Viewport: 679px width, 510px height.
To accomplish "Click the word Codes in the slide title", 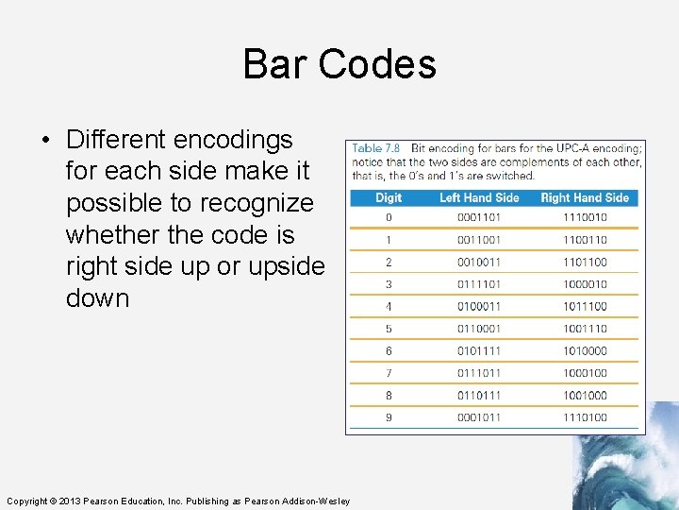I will [x=376, y=64].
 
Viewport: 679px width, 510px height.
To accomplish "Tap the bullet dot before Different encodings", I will [x=45, y=141].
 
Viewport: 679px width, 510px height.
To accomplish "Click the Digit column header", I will [x=389, y=197].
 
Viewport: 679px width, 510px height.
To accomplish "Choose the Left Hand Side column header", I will [x=479, y=197].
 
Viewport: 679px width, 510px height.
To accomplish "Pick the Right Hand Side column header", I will [x=585, y=197].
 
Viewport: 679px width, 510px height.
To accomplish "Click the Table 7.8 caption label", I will [x=375, y=148].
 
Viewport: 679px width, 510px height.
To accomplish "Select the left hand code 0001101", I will [x=479, y=217].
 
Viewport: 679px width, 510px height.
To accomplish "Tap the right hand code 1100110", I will [x=585, y=240].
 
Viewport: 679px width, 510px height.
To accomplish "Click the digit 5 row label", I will [x=389, y=329].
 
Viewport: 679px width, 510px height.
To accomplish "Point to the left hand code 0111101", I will [x=479, y=284].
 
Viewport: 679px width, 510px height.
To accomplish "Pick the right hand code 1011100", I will [x=585, y=306].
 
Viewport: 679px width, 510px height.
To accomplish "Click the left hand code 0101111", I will [x=479, y=350].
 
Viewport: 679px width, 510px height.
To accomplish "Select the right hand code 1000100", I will [x=585, y=373].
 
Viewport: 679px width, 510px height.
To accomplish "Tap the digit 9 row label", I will [x=389, y=417].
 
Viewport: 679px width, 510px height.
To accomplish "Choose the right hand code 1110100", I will [x=585, y=417].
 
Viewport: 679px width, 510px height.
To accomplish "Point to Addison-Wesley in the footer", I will [x=316, y=501].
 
